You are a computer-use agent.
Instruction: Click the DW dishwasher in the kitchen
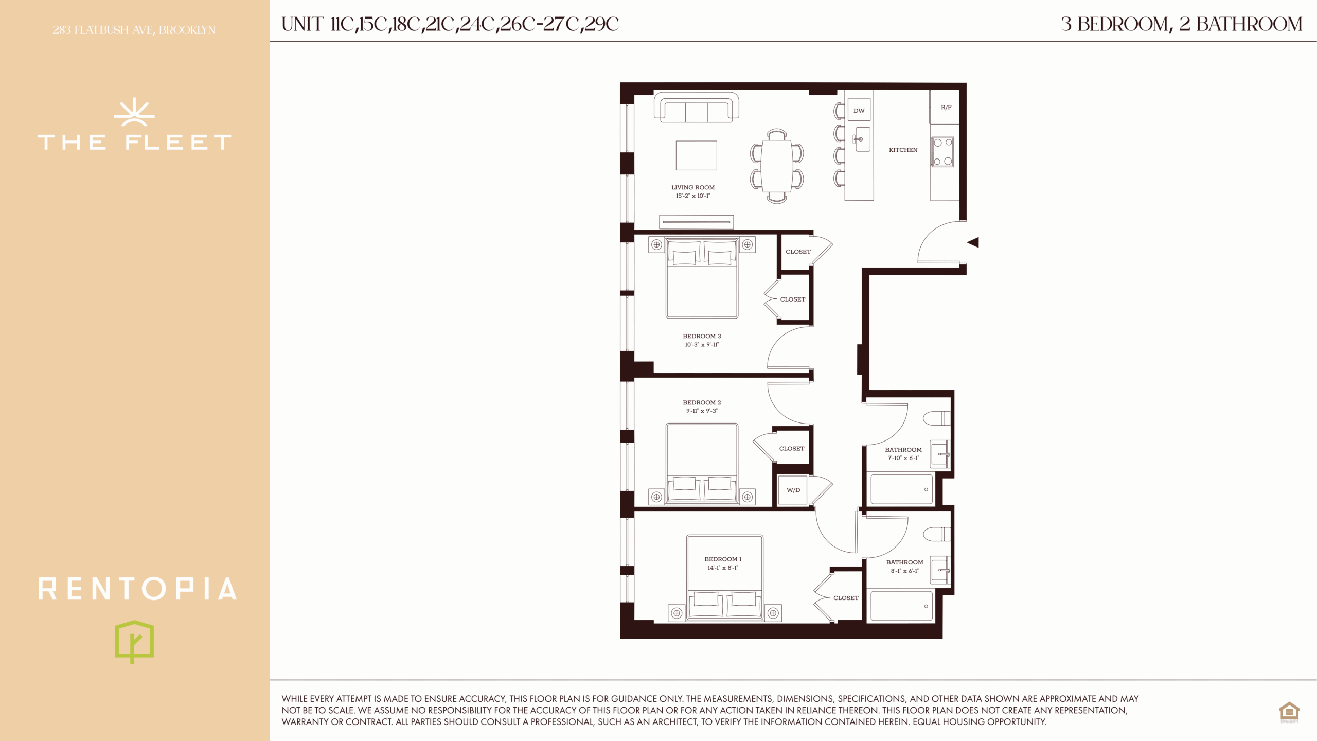(x=859, y=110)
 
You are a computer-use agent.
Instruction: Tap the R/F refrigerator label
(x=946, y=108)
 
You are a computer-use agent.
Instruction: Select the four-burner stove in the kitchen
(x=942, y=152)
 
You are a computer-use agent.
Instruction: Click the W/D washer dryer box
(x=793, y=490)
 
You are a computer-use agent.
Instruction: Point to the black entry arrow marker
(x=973, y=242)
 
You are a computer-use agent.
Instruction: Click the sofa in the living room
(x=697, y=107)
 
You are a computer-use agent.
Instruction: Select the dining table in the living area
(x=777, y=166)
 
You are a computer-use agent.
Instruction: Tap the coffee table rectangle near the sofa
(x=696, y=155)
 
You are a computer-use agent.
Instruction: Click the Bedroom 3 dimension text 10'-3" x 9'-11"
(x=702, y=345)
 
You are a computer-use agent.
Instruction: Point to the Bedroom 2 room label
(x=702, y=402)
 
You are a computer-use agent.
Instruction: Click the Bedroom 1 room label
(x=723, y=559)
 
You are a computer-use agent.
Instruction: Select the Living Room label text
(x=693, y=187)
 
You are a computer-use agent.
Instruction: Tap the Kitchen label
(x=903, y=150)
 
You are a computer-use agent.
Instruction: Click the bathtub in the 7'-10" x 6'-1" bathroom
(x=901, y=489)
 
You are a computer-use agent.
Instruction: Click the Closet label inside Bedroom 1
(x=846, y=598)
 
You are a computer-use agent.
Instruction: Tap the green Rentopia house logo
(x=134, y=641)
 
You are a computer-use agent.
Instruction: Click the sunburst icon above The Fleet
(x=134, y=112)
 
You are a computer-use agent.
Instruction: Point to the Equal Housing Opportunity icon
(x=1289, y=713)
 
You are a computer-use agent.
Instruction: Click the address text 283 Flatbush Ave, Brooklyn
(x=134, y=30)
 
